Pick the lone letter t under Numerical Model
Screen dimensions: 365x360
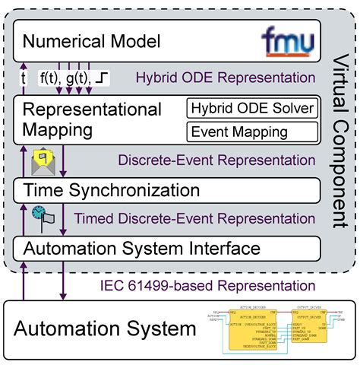click(24, 77)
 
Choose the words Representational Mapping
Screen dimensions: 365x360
click(91, 120)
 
